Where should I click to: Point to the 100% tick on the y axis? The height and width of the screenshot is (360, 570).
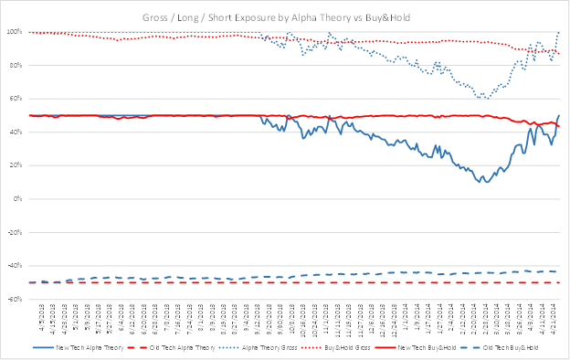point(14,32)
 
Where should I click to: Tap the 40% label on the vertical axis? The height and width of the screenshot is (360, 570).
point(16,132)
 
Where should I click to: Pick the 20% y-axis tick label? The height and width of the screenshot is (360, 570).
point(16,165)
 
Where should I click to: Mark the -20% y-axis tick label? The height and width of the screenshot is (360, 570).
point(15,232)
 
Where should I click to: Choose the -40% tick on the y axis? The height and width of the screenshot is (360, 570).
point(15,266)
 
